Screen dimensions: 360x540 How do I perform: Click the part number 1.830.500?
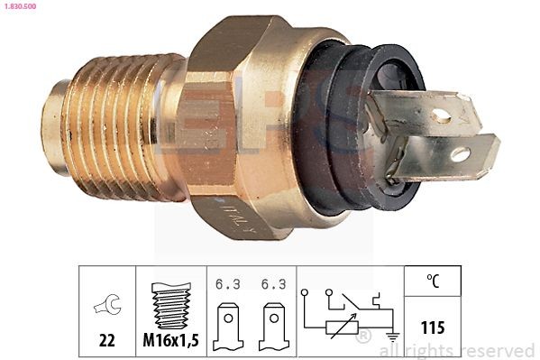20,5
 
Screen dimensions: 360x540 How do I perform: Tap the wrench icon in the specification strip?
105,307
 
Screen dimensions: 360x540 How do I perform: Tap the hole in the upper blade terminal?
442,115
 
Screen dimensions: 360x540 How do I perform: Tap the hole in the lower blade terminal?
460,154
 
